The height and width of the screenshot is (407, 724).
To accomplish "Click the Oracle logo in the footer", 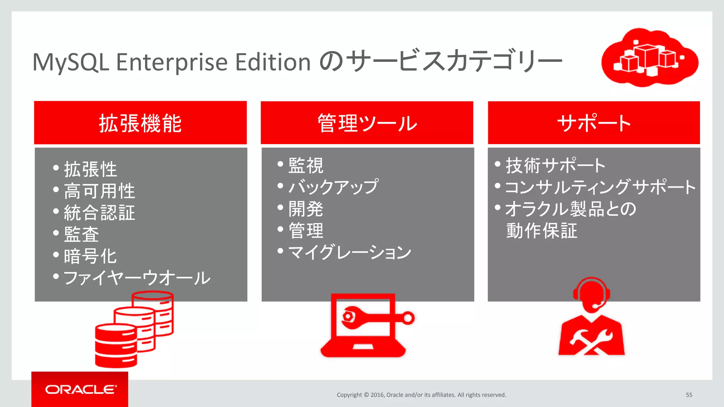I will (x=81, y=389).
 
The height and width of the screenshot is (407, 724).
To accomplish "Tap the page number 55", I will (x=689, y=395).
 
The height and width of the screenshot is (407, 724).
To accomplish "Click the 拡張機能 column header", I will (x=140, y=123).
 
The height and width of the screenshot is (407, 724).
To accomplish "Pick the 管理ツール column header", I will (x=367, y=123).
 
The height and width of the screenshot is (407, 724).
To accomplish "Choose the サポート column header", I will (x=594, y=123).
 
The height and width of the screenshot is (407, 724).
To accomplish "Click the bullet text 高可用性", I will (x=99, y=191).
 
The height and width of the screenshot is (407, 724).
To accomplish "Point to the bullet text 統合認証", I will (x=99, y=213).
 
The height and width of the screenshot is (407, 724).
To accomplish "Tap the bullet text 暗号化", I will (x=90, y=256).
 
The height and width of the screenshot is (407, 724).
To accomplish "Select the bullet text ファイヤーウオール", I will (x=137, y=278).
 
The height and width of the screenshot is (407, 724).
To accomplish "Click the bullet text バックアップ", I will (x=333, y=187).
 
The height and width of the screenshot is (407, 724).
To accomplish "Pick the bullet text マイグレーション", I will (x=350, y=252).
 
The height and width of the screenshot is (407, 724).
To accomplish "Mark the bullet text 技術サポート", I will (x=555, y=165).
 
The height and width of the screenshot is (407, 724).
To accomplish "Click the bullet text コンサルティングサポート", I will (x=600, y=187).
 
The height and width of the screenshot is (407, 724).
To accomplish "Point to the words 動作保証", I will (x=542, y=231).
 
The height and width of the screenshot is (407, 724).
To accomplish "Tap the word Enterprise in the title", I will (x=172, y=62).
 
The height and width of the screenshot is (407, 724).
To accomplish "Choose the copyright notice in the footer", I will (x=421, y=395).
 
